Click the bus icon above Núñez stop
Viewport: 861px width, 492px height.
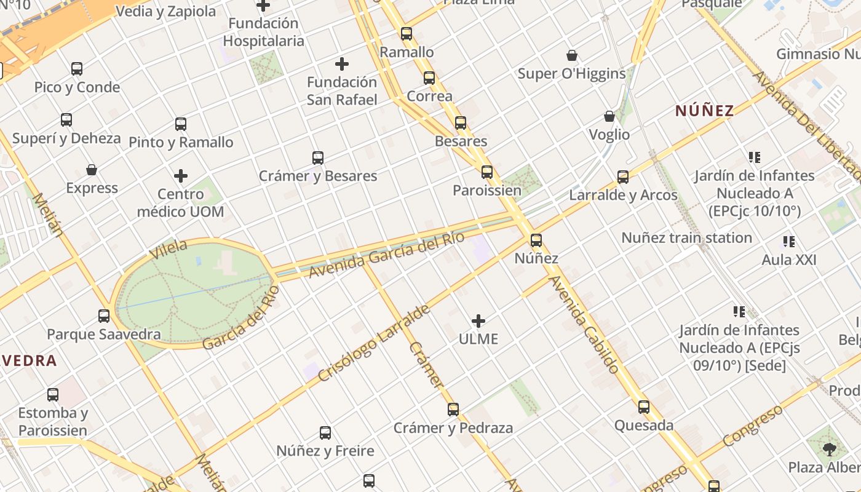click(x=536, y=240)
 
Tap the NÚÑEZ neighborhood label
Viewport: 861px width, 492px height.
click(x=705, y=111)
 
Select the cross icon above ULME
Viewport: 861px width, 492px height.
click(x=478, y=321)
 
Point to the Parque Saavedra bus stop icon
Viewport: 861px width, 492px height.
click(x=104, y=316)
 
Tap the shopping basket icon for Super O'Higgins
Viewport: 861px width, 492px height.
click(x=572, y=56)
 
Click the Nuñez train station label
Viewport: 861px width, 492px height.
click(x=686, y=238)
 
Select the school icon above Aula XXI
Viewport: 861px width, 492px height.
click(x=789, y=242)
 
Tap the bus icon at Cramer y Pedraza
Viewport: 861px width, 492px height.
click(x=453, y=410)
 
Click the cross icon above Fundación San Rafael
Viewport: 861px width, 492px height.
click(x=342, y=64)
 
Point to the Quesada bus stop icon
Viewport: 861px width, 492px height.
click(x=644, y=407)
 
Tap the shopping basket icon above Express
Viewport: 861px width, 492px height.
click(x=92, y=170)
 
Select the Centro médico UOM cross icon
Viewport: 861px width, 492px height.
click(x=181, y=177)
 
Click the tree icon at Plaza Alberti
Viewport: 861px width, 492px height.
click(x=830, y=449)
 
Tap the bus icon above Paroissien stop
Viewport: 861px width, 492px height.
click(x=487, y=172)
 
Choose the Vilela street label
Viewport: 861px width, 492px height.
click(x=169, y=249)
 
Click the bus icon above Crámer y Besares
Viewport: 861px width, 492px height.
click(x=318, y=158)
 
